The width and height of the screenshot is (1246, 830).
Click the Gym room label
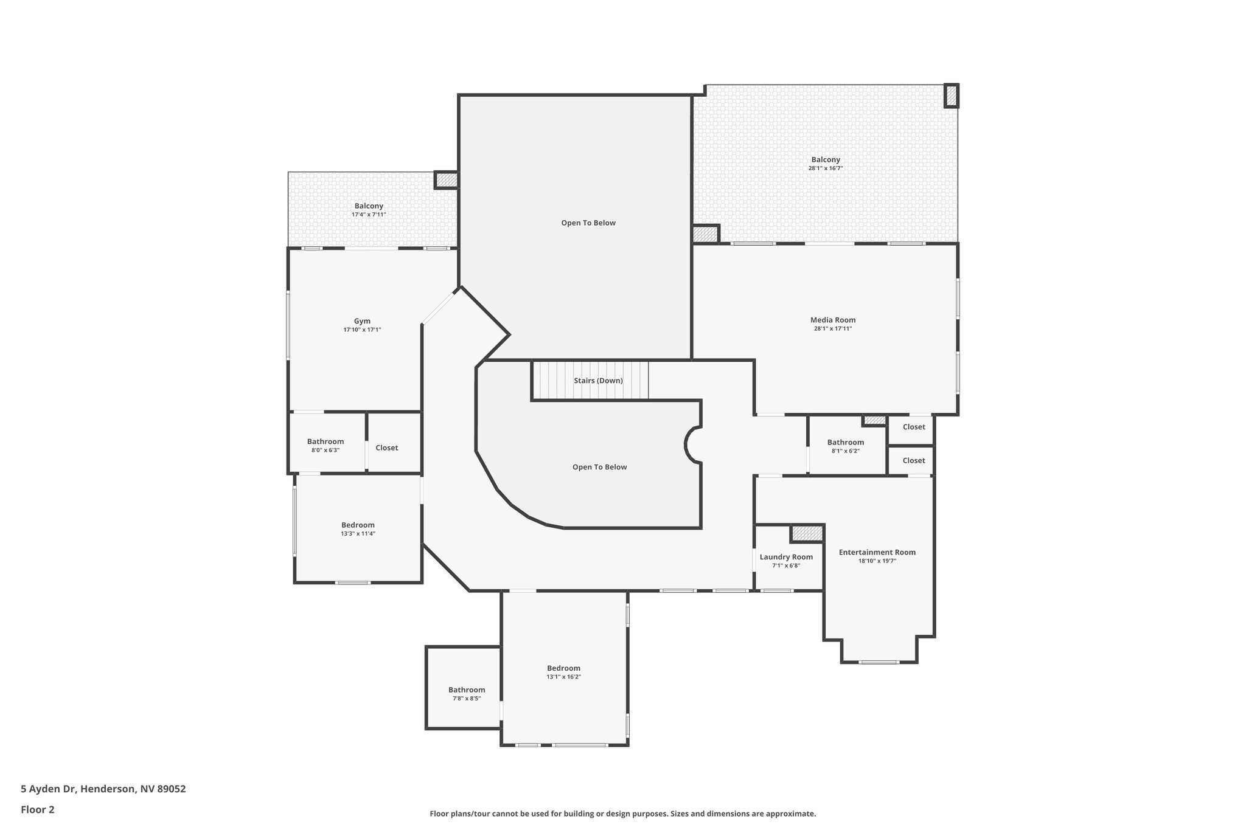click(362, 321)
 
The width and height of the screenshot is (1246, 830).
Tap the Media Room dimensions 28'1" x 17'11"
click(833, 328)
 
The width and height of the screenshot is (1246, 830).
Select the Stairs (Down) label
click(598, 381)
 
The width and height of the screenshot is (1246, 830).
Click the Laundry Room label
click(786, 557)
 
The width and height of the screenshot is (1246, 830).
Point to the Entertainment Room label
click(877, 552)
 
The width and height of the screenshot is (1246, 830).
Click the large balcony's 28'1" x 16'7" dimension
click(825, 168)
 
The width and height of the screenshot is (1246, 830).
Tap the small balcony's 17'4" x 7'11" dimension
click(369, 215)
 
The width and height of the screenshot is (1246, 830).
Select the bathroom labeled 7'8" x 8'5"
click(467, 690)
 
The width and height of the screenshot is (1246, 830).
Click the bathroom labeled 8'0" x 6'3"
click(325, 441)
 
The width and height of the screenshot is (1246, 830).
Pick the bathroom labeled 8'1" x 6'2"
click(845, 442)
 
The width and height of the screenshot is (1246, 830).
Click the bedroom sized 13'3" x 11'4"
click(358, 525)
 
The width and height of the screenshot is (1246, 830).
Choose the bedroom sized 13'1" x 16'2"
click(563, 668)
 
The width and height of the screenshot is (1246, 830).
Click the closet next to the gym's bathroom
click(387, 448)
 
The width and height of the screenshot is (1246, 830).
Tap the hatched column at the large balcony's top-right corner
click(951, 96)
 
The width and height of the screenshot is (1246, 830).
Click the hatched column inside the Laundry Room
click(807, 533)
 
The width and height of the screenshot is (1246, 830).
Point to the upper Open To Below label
click(588, 223)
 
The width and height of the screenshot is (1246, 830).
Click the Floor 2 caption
click(38, 809)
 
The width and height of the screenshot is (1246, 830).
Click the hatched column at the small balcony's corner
click(446, 180)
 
